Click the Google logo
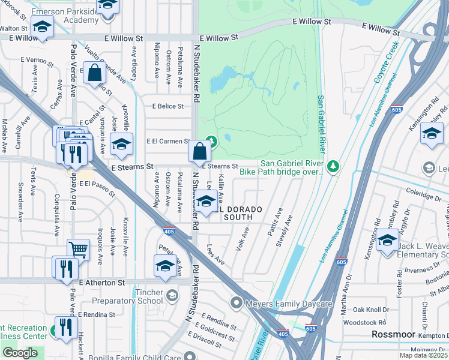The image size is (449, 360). click(x=19, y=353)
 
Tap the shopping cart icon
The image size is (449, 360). click(x=78, y=248)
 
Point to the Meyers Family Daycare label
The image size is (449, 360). click(x=289, y=304)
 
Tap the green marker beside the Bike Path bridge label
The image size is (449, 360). click(x=334, y=166)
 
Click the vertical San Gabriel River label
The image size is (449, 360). click(x=321, y=124)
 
